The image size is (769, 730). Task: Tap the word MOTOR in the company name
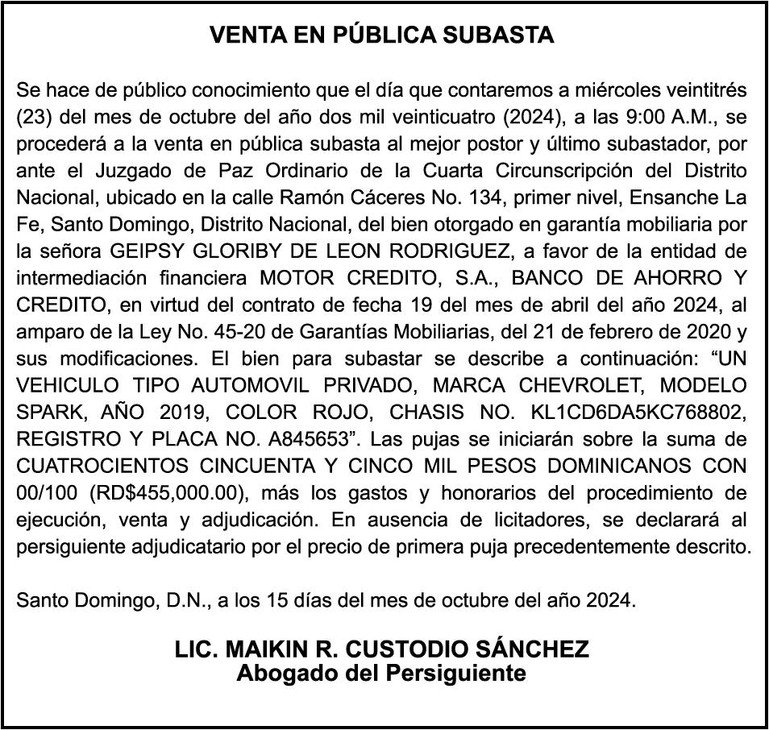pyautogui.click(x=292, y=278)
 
